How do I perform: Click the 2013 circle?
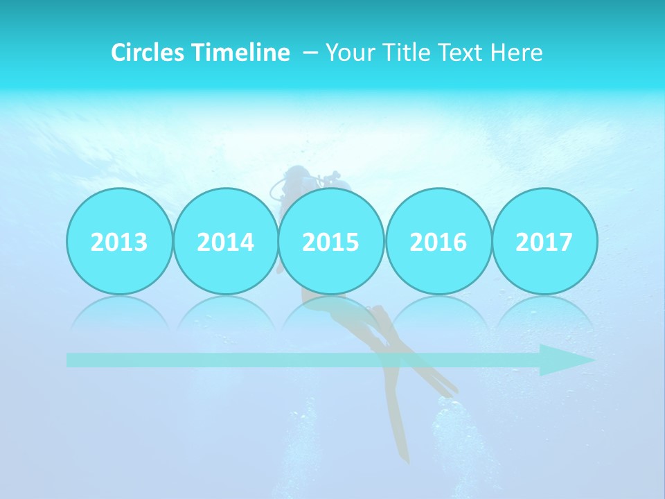pos(119,241)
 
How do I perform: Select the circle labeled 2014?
pos(225,241)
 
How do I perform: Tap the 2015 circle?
pos(331,241)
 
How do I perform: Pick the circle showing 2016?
pos(438,241)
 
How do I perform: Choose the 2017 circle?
pos(544,241)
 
